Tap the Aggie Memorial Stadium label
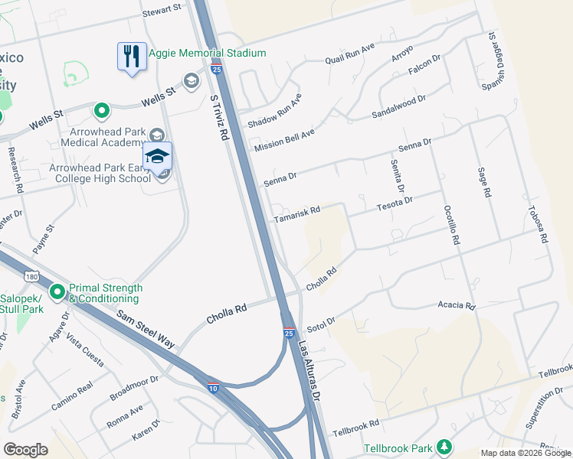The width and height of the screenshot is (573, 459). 208,53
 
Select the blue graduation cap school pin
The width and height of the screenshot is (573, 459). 158,157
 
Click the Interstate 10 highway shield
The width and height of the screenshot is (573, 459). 213,389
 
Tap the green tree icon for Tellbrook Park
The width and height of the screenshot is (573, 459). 444,447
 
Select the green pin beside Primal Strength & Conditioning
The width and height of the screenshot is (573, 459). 57,292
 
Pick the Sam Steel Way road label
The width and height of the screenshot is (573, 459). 146,329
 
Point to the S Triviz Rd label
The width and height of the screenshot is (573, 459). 220,118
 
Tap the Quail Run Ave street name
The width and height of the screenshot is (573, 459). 349,53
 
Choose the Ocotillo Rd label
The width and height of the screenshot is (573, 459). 451,226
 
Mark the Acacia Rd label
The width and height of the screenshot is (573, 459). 457,306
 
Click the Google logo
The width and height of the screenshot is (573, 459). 25,449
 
